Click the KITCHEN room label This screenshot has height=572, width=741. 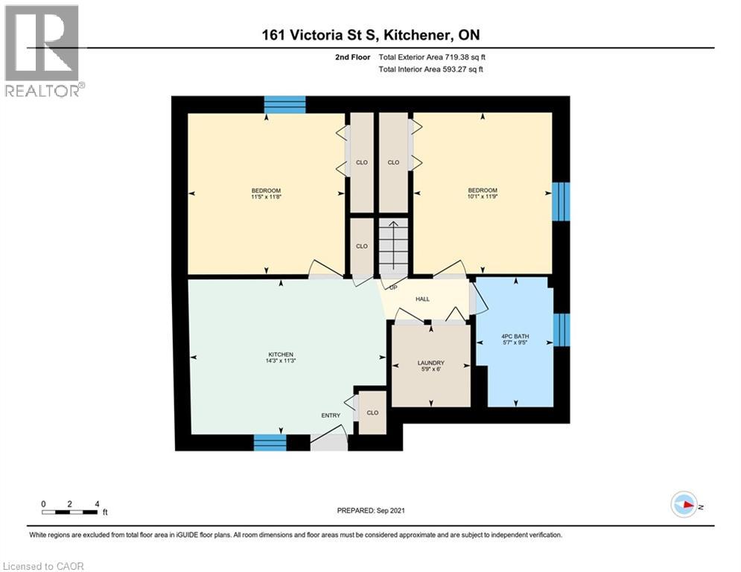[281, 355]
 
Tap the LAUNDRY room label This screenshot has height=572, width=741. [430, 363]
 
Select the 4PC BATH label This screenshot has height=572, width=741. [515, 337]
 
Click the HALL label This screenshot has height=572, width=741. [422, 299]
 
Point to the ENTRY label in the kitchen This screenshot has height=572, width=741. [331, 416]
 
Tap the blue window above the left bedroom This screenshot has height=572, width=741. [285, 104]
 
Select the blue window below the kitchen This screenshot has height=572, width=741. [270, 443]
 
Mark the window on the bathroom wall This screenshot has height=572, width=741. [562, 330]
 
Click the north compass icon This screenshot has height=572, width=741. [684, 506]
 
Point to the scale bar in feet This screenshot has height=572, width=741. [69, 510]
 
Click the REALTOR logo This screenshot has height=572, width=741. [43, 51]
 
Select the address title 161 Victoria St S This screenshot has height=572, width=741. [370, 35]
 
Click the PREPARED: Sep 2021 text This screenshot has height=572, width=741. [371, 510]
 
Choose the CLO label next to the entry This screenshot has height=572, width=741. [372, 413]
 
